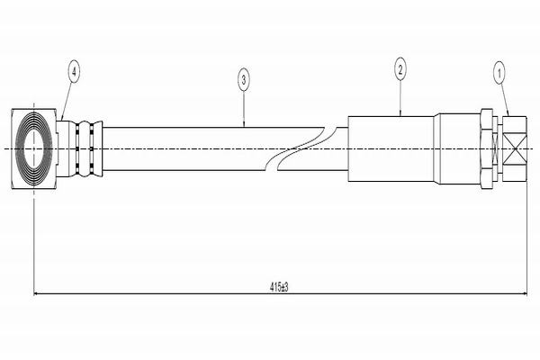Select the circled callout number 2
coord(400,68)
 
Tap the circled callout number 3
coord(244,81)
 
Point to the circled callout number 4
coord(73,69)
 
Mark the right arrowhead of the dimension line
coord(518,293)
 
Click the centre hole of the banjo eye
coord(35,147)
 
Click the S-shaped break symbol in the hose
coord(303,147)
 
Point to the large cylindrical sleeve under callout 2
coord(392,147)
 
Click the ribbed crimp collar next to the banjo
coord(87,147)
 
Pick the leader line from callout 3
coord(244,108)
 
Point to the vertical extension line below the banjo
coord(33,243)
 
